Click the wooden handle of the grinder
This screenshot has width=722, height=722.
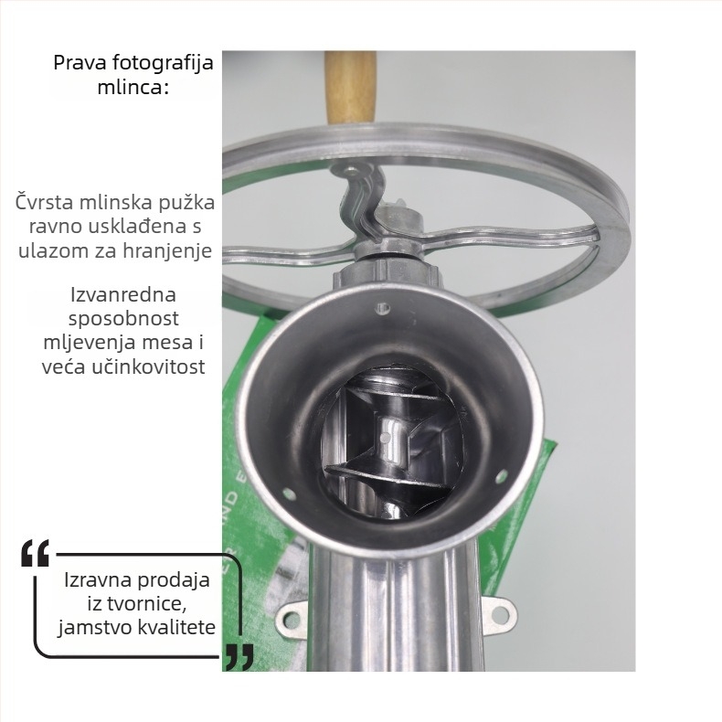pos(351,88)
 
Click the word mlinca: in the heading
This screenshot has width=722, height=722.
pos(133,87)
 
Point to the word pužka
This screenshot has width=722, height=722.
pos(186,203)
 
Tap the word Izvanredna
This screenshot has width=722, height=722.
pos(123,294)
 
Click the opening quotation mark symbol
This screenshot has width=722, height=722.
pos(35,553)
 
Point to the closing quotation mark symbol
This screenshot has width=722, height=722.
pos(239,657)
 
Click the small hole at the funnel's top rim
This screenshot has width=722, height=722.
pos(382,308)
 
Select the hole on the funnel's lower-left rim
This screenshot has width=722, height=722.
pos(289,494)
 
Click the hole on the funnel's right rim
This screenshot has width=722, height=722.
pos(501,476)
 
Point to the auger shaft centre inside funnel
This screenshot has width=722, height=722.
pos(386,437)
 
